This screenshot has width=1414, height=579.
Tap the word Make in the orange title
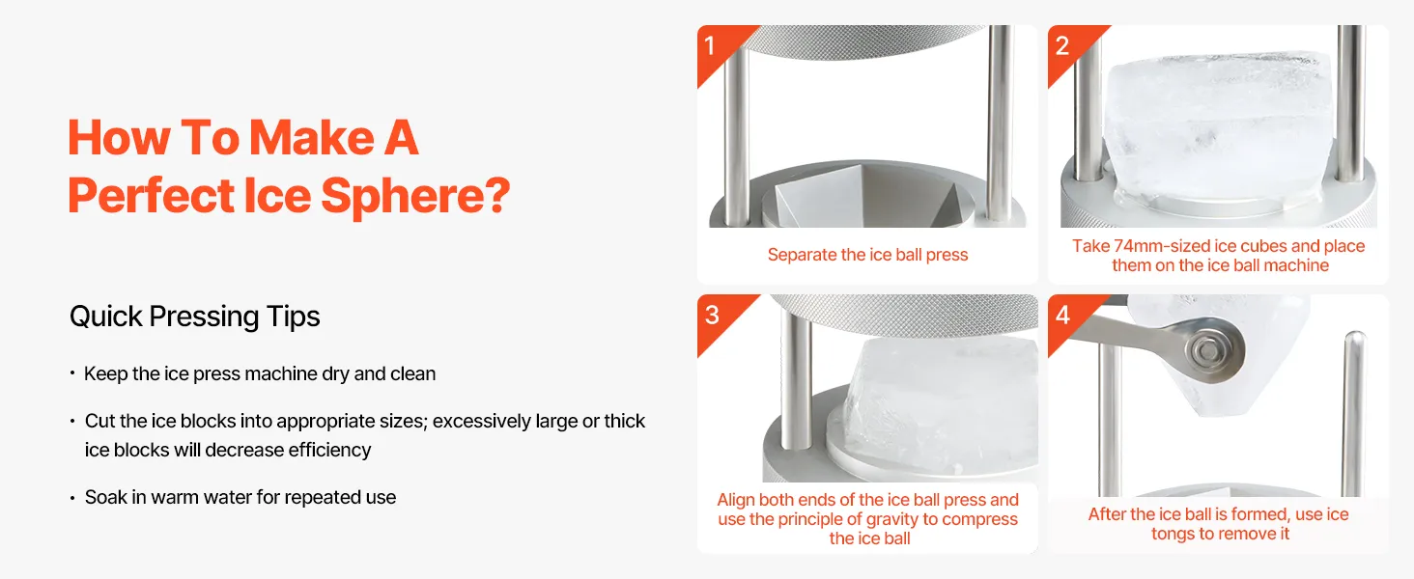[312, 137]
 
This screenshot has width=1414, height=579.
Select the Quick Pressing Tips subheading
[194, 317]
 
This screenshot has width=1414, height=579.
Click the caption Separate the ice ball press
[867, 255]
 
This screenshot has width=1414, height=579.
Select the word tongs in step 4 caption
[1173, 535]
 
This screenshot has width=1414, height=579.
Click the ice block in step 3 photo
[941, 403]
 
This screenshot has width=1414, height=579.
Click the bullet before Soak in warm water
[72, 498]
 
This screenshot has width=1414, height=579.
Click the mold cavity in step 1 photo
[868, 199]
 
